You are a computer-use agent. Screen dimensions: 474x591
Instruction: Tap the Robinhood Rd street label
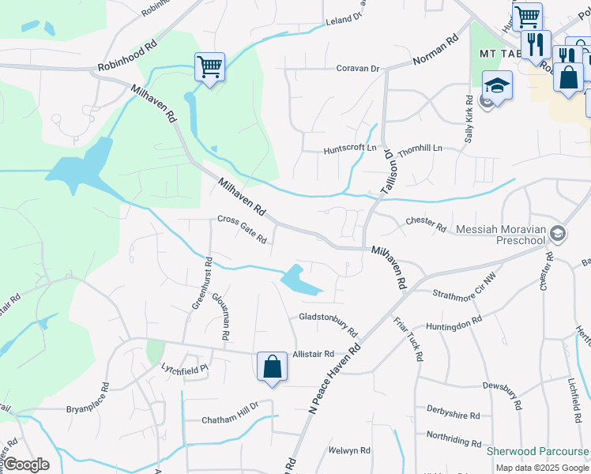point(128,56)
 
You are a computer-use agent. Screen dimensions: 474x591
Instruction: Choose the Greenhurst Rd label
point(201,283)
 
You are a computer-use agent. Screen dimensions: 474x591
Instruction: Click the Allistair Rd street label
point(314,355)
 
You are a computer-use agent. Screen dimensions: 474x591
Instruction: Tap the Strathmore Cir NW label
point(464,295)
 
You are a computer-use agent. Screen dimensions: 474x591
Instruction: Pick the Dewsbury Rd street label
point(502,386)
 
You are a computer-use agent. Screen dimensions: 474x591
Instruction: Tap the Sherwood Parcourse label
point(537,451)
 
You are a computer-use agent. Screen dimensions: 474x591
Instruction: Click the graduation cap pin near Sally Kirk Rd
point(497,86)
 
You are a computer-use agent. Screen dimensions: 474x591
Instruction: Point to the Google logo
point(25,465)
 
